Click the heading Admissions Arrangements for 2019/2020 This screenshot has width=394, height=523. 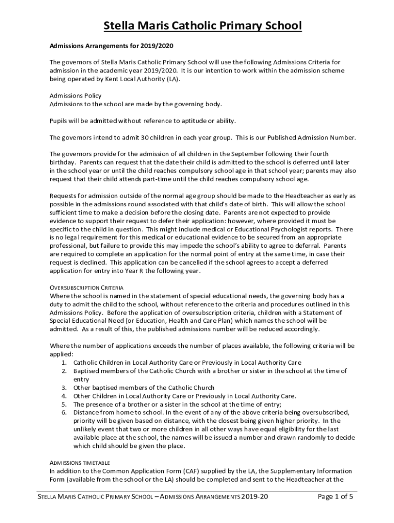click(x=101, y=45)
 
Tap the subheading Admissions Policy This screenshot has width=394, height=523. click(x=75, y=96)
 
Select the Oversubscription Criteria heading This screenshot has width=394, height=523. click(x=86, y=288)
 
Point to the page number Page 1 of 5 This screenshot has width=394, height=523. click(x=335, y=496)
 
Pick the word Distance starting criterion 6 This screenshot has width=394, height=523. click(x=87, y=412)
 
